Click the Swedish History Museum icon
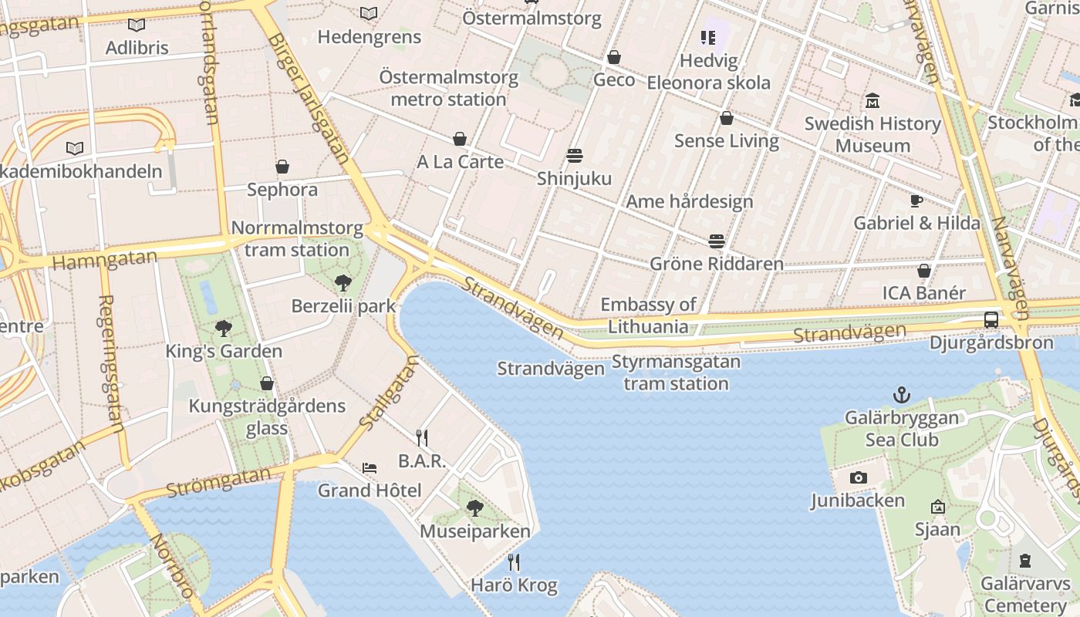click(872, 101)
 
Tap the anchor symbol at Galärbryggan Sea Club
click(901, 396)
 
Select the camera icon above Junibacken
click(858, 478)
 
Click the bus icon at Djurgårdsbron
click(991, 319)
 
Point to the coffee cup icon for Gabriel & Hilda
click(916, 201)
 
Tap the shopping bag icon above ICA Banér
click(923, 271)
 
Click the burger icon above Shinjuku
click(574, 156)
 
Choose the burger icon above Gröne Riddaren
click(717, 241)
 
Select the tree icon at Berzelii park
click(343, 283)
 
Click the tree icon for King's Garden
click(224, 329)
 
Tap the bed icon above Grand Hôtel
click(370, 468)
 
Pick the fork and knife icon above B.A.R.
click(421, 438)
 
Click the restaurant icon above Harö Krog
click(514, 562)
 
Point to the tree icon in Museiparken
click(474, 508)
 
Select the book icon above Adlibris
click(137, 25)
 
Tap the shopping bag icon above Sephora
click(282, 167)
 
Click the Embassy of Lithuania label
click(648, 315)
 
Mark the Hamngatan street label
click(105, 259)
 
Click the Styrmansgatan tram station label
click(676, 373)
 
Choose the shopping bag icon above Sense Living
click(726, 118)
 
